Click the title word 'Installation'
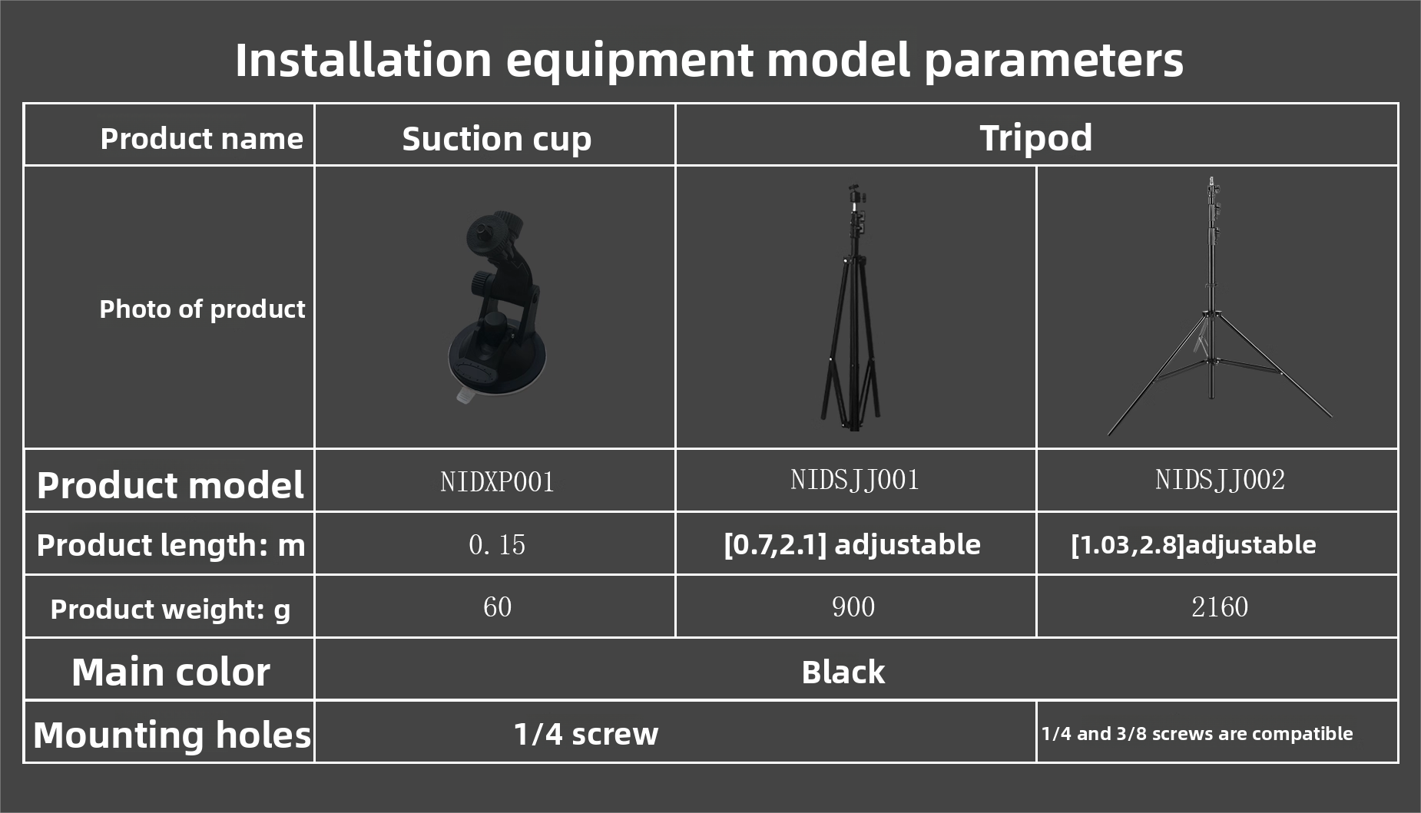363,60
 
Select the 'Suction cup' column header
497,140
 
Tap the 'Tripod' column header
1035,138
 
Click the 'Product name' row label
201,139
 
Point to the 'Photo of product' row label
202,309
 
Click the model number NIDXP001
497,481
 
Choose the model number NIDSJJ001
855,480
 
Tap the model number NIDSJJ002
1220,480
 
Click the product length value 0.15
497,545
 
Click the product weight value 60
497,607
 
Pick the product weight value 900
853,607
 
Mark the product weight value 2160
1220,607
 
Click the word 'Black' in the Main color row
843,673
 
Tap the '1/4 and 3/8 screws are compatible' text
1197,734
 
